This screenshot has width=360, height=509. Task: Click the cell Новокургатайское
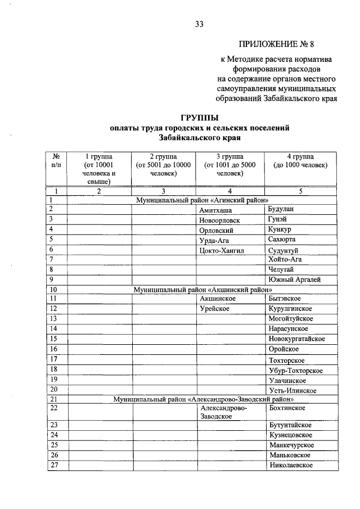tap(297, 339)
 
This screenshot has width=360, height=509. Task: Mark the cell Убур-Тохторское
tap(296, 370)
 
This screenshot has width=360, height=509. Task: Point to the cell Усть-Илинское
tap(292, 390)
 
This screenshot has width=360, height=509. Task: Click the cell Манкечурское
tap(291, 445)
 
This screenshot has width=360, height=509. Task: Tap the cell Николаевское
tap(291, 465)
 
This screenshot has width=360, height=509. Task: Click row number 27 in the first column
tap(55, 465)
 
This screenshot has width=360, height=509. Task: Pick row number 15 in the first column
tap(55, 339)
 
